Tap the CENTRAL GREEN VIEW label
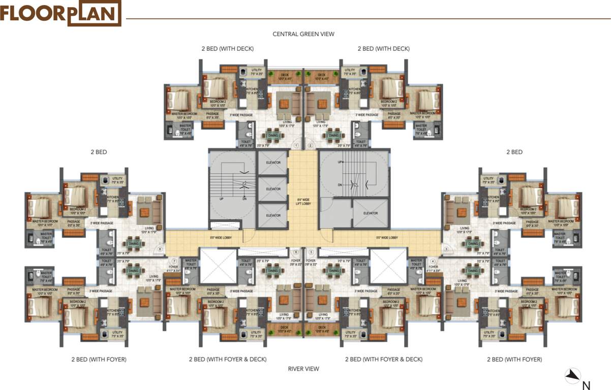(x=303, y=34)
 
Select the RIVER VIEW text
(x=303, y=369)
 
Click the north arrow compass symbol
(x=573, y=375)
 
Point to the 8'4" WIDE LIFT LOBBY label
(x=303, y=201)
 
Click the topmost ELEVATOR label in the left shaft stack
(x=273, y=162)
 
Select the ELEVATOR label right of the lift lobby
(x=371, y=213)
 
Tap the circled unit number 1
(x=296, y=146)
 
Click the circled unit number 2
(x=311, y=146)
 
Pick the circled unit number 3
(x=446, y=249)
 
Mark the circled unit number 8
(x=160, y=249)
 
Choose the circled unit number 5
(x=311, y=252)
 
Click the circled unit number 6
(x=296, y=252)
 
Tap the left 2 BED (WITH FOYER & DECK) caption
(x=228, y=359)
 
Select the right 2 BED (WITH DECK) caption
(x=383, y=49)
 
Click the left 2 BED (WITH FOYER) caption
(x=99, y=359)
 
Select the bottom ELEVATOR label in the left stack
(x=273, y=216)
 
